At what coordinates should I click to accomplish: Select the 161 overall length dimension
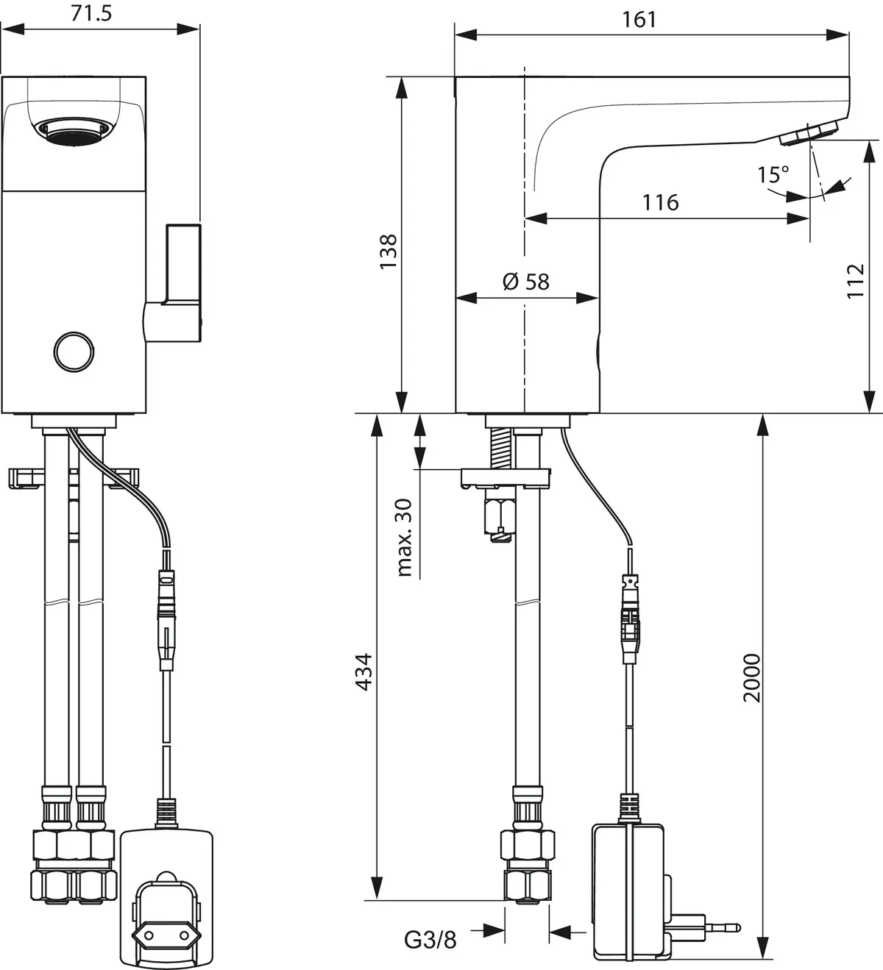coord(639,19)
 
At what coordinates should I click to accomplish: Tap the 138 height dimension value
coord(388,251)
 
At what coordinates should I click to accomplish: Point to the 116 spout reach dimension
coord(660,202)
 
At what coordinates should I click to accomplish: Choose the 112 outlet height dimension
coord(855,280)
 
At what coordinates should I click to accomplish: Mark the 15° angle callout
coord(773,175)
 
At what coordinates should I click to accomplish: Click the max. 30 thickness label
coord(404,537)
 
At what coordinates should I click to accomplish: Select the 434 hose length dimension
coord(364,671)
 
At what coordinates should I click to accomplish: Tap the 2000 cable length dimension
coord(751,677)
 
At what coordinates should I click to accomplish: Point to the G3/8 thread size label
coord(430,939)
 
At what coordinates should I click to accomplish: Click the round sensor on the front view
coord(74,351)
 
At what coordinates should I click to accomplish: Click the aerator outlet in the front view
coord(75,133)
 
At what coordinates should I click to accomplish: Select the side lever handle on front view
coord(177,283)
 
